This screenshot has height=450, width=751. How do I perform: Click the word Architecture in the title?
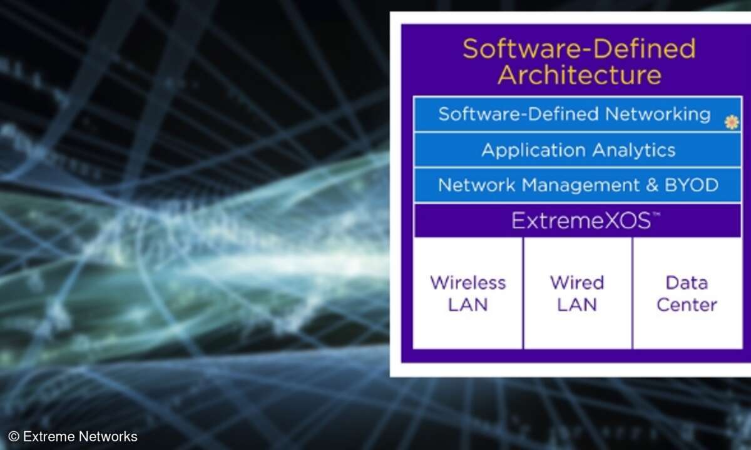(x=580, y=75)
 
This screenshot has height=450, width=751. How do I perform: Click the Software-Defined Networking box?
(x=577, y=114)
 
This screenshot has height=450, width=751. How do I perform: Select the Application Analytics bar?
(x=577, y=149)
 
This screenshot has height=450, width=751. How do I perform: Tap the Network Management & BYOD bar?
(x=577, y=185)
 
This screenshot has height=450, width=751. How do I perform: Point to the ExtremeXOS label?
(x=581, y=221)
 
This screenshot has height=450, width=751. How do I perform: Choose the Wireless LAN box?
(x=467, y=293)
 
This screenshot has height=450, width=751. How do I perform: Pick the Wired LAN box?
(x=577, y=293)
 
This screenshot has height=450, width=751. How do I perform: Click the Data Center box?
(x=687, y=293)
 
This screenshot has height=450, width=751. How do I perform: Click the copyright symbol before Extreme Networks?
(x=14, y=437)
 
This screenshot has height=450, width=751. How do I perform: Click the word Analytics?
(x=634, y=151)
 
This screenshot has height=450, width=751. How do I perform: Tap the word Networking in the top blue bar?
(x=658, y=115)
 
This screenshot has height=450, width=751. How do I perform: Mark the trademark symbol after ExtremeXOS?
(x=656, y=214)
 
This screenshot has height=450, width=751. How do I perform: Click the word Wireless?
(x=468, y=283)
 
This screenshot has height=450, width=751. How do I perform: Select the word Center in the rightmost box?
(x=687, y=305)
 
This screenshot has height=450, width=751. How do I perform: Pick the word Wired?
(x=577, y=283)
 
